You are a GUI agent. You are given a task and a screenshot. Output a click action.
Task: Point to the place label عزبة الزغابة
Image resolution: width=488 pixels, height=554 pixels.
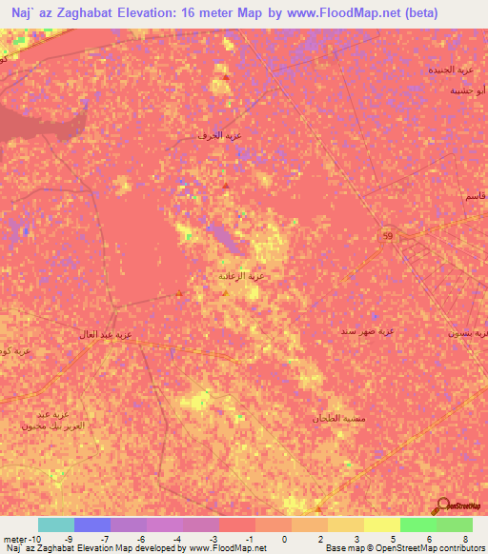(240, 277)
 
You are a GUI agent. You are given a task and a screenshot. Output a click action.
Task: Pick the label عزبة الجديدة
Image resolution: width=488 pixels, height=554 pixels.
(450, 70)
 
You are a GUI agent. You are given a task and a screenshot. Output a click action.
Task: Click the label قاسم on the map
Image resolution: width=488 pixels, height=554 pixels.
(469, 195)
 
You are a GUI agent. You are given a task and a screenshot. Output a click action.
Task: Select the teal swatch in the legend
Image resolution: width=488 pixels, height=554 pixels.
(56, 524)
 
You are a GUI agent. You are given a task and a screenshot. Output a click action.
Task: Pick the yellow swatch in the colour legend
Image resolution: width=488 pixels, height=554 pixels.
(382, 524)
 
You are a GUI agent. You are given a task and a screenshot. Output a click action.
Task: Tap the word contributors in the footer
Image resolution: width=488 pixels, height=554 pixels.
(456, 548)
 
